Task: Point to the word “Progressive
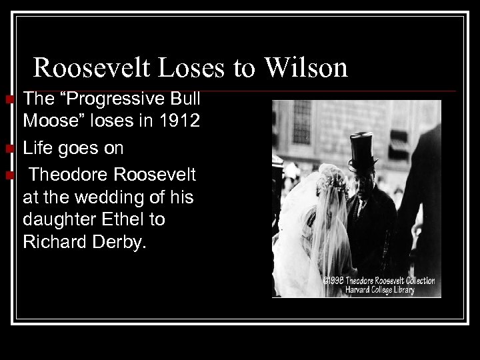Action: pos(113,100)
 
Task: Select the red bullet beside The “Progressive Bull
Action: pos(9,101)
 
